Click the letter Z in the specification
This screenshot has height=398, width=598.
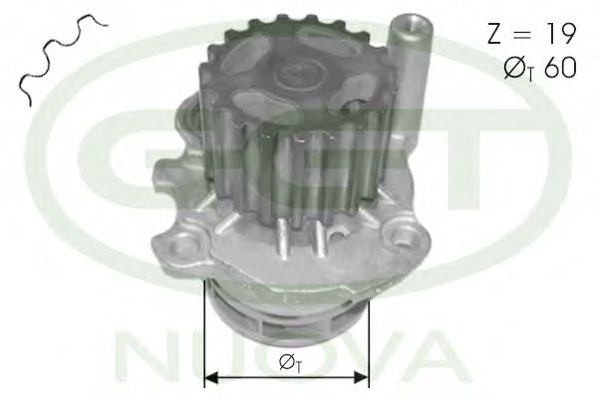(494, 34)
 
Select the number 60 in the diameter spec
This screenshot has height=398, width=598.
(560, 69)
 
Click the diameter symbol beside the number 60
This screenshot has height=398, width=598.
(515, 69)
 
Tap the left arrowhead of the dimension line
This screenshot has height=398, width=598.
(211, 377)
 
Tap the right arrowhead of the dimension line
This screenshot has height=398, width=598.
(363, 377)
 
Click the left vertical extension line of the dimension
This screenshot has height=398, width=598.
(204, 333)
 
